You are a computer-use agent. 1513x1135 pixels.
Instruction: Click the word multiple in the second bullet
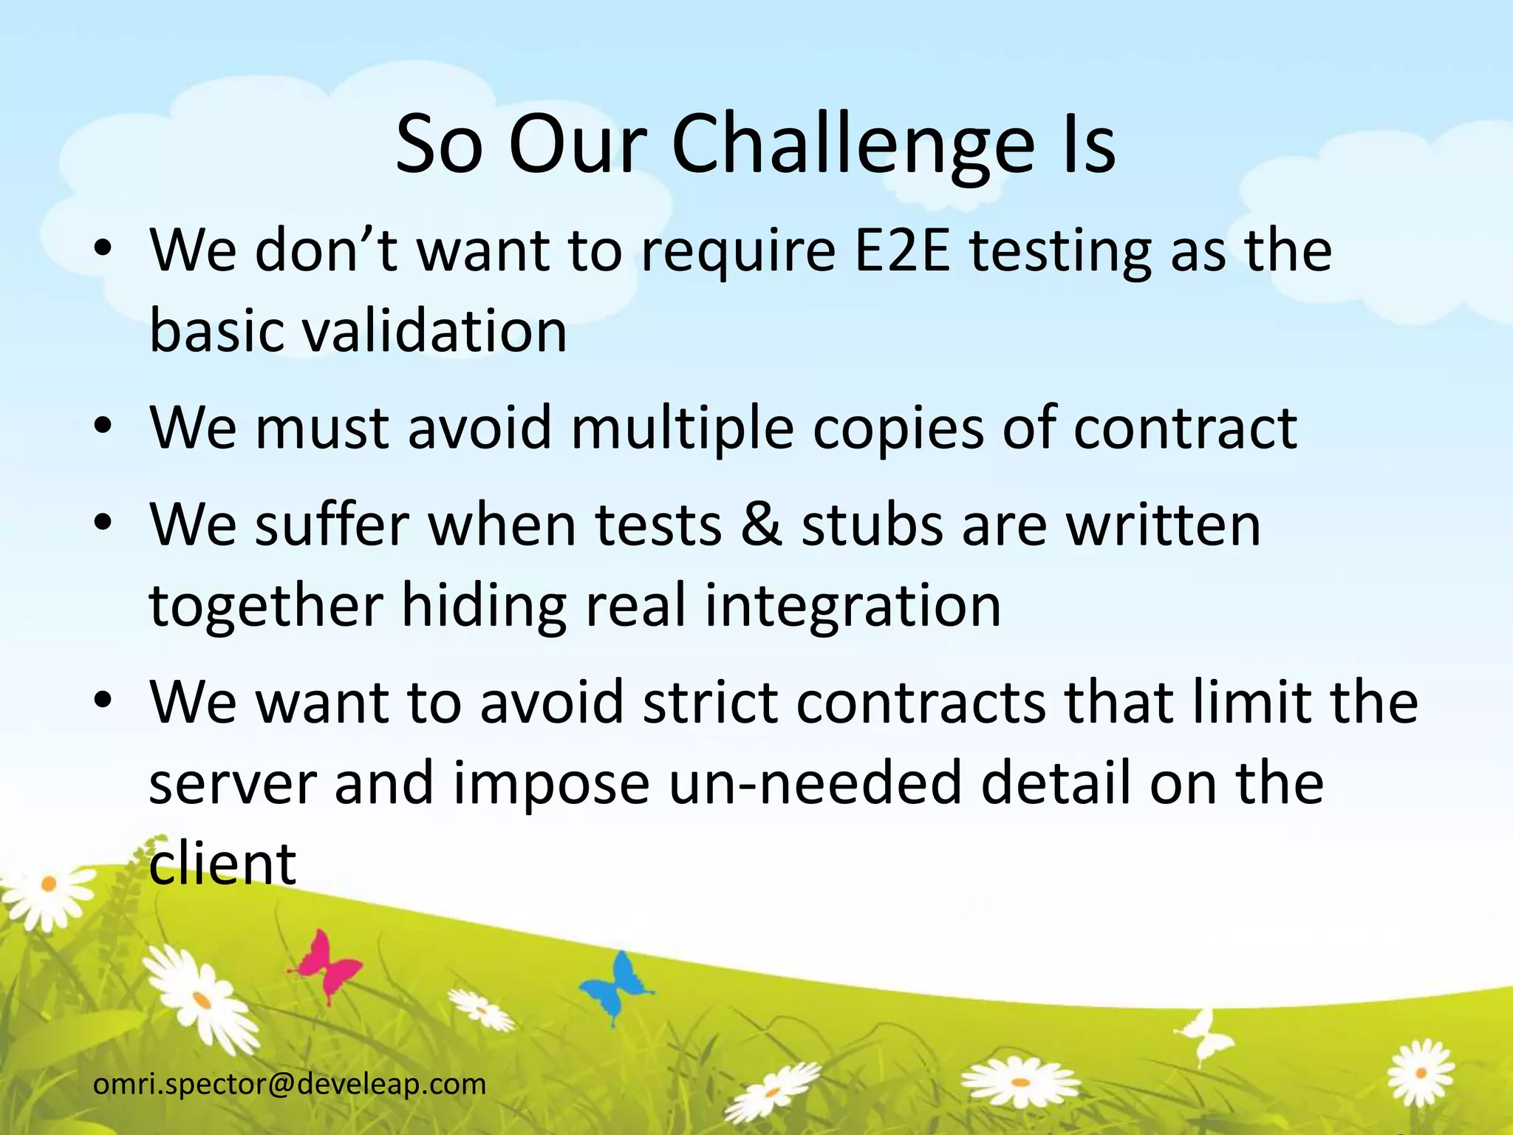coord(683,428)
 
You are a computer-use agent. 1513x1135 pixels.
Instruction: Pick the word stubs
coord(872,525)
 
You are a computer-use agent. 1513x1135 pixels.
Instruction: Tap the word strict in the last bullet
coord(710,702)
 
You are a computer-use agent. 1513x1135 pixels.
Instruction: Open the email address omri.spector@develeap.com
coord(290,1084)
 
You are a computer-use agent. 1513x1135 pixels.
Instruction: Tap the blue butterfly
coord(616,986)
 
